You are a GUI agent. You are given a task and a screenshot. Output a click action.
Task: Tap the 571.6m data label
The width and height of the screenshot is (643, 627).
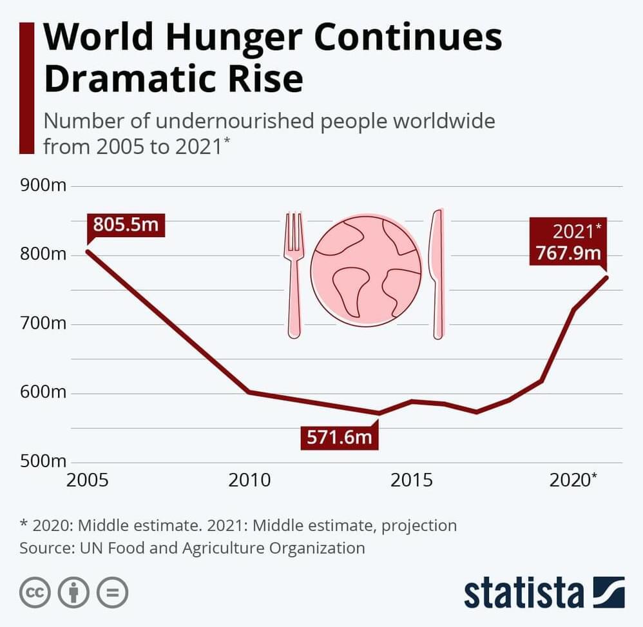coord(339,438)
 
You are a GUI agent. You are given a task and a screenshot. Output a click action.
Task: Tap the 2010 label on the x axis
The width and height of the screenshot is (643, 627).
coord(251,481)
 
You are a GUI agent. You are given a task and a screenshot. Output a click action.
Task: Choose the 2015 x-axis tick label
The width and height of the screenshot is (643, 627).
coord(412,481)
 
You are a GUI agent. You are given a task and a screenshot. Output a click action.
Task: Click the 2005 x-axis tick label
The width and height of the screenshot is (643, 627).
coord(88,481)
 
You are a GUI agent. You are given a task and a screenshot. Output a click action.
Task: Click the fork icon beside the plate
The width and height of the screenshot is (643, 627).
coord(294,274)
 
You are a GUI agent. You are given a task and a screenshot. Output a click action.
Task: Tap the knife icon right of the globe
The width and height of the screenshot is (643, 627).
coord(437,274)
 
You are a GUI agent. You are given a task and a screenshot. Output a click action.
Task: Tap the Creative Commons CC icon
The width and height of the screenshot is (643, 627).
coord(35,592)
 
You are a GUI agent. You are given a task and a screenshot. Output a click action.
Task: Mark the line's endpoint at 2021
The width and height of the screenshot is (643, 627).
coord(606,277)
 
